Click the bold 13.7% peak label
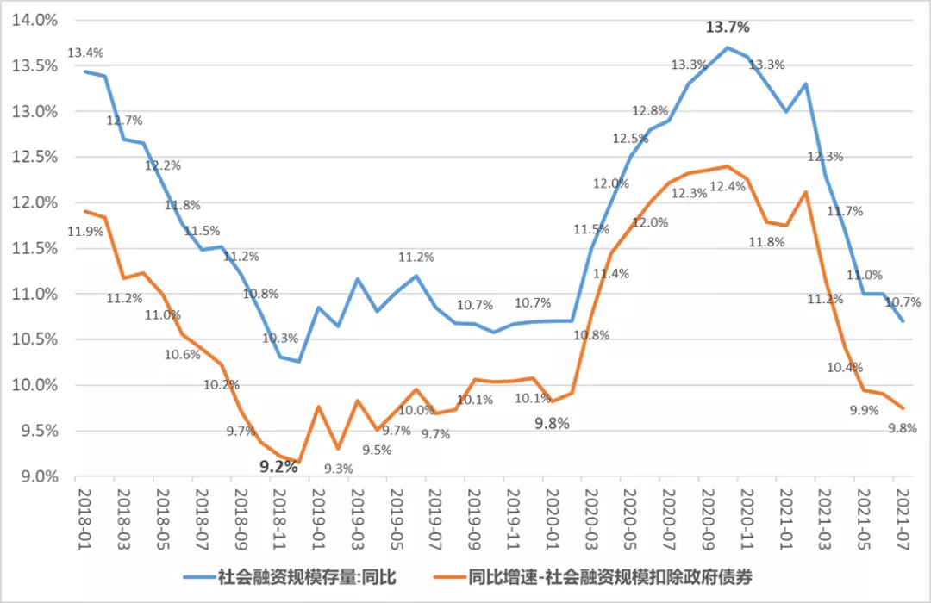[728, 28]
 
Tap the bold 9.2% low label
[278, 467]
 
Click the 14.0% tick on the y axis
[34, 20]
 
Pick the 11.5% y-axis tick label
[34, 248]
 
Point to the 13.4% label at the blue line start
[85, 53]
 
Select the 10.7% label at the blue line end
[903, 302]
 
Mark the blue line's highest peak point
[727, 47]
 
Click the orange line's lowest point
[298, 463]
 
